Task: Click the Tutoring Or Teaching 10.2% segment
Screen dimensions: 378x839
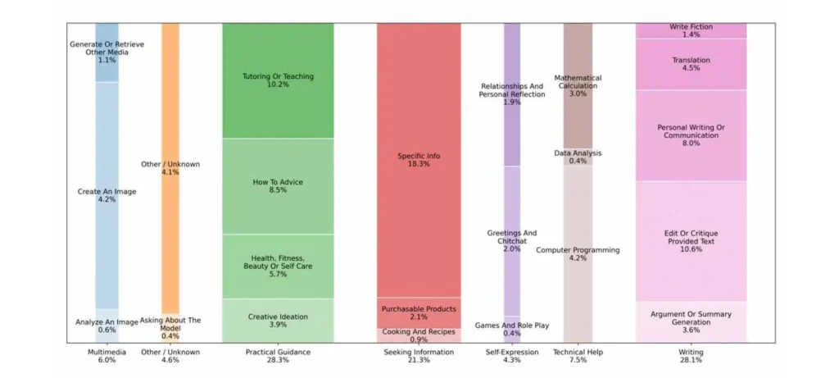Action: (x=278, y=80)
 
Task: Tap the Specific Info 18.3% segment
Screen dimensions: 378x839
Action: (x=419, y=160)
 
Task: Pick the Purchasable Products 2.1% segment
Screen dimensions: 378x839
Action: (x=419, y=312)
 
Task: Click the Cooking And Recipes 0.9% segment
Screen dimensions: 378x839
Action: (x=419, y=335)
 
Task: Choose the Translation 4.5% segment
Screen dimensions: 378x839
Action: (x=691, y=64)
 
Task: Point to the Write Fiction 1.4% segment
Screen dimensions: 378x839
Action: (x=691, y=30)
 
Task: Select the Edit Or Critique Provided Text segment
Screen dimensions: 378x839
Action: (x=691, y=241)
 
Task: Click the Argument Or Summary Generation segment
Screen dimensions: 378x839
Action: (x=691, y=321)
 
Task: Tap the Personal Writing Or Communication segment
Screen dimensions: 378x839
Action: (x=691, y=135)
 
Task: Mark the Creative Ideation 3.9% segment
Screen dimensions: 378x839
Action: (x=278, y=320)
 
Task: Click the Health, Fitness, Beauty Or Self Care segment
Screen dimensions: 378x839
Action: (x=278, y=266)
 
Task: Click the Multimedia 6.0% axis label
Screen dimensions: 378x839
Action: (x=107, y=356)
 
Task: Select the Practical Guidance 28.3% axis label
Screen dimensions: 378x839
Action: (x=278, y=356)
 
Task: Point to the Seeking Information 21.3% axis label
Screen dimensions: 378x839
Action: (x=419, y=356)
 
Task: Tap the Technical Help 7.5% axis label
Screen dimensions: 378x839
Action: (x=578, y=356)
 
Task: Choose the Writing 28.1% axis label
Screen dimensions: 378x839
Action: (x=691, y=356)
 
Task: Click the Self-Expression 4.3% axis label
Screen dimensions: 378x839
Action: (x=511, y=356)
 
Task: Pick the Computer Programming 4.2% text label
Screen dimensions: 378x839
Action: (x=578, y=253)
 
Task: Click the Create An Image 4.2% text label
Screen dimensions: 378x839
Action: (x=107, y=195)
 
